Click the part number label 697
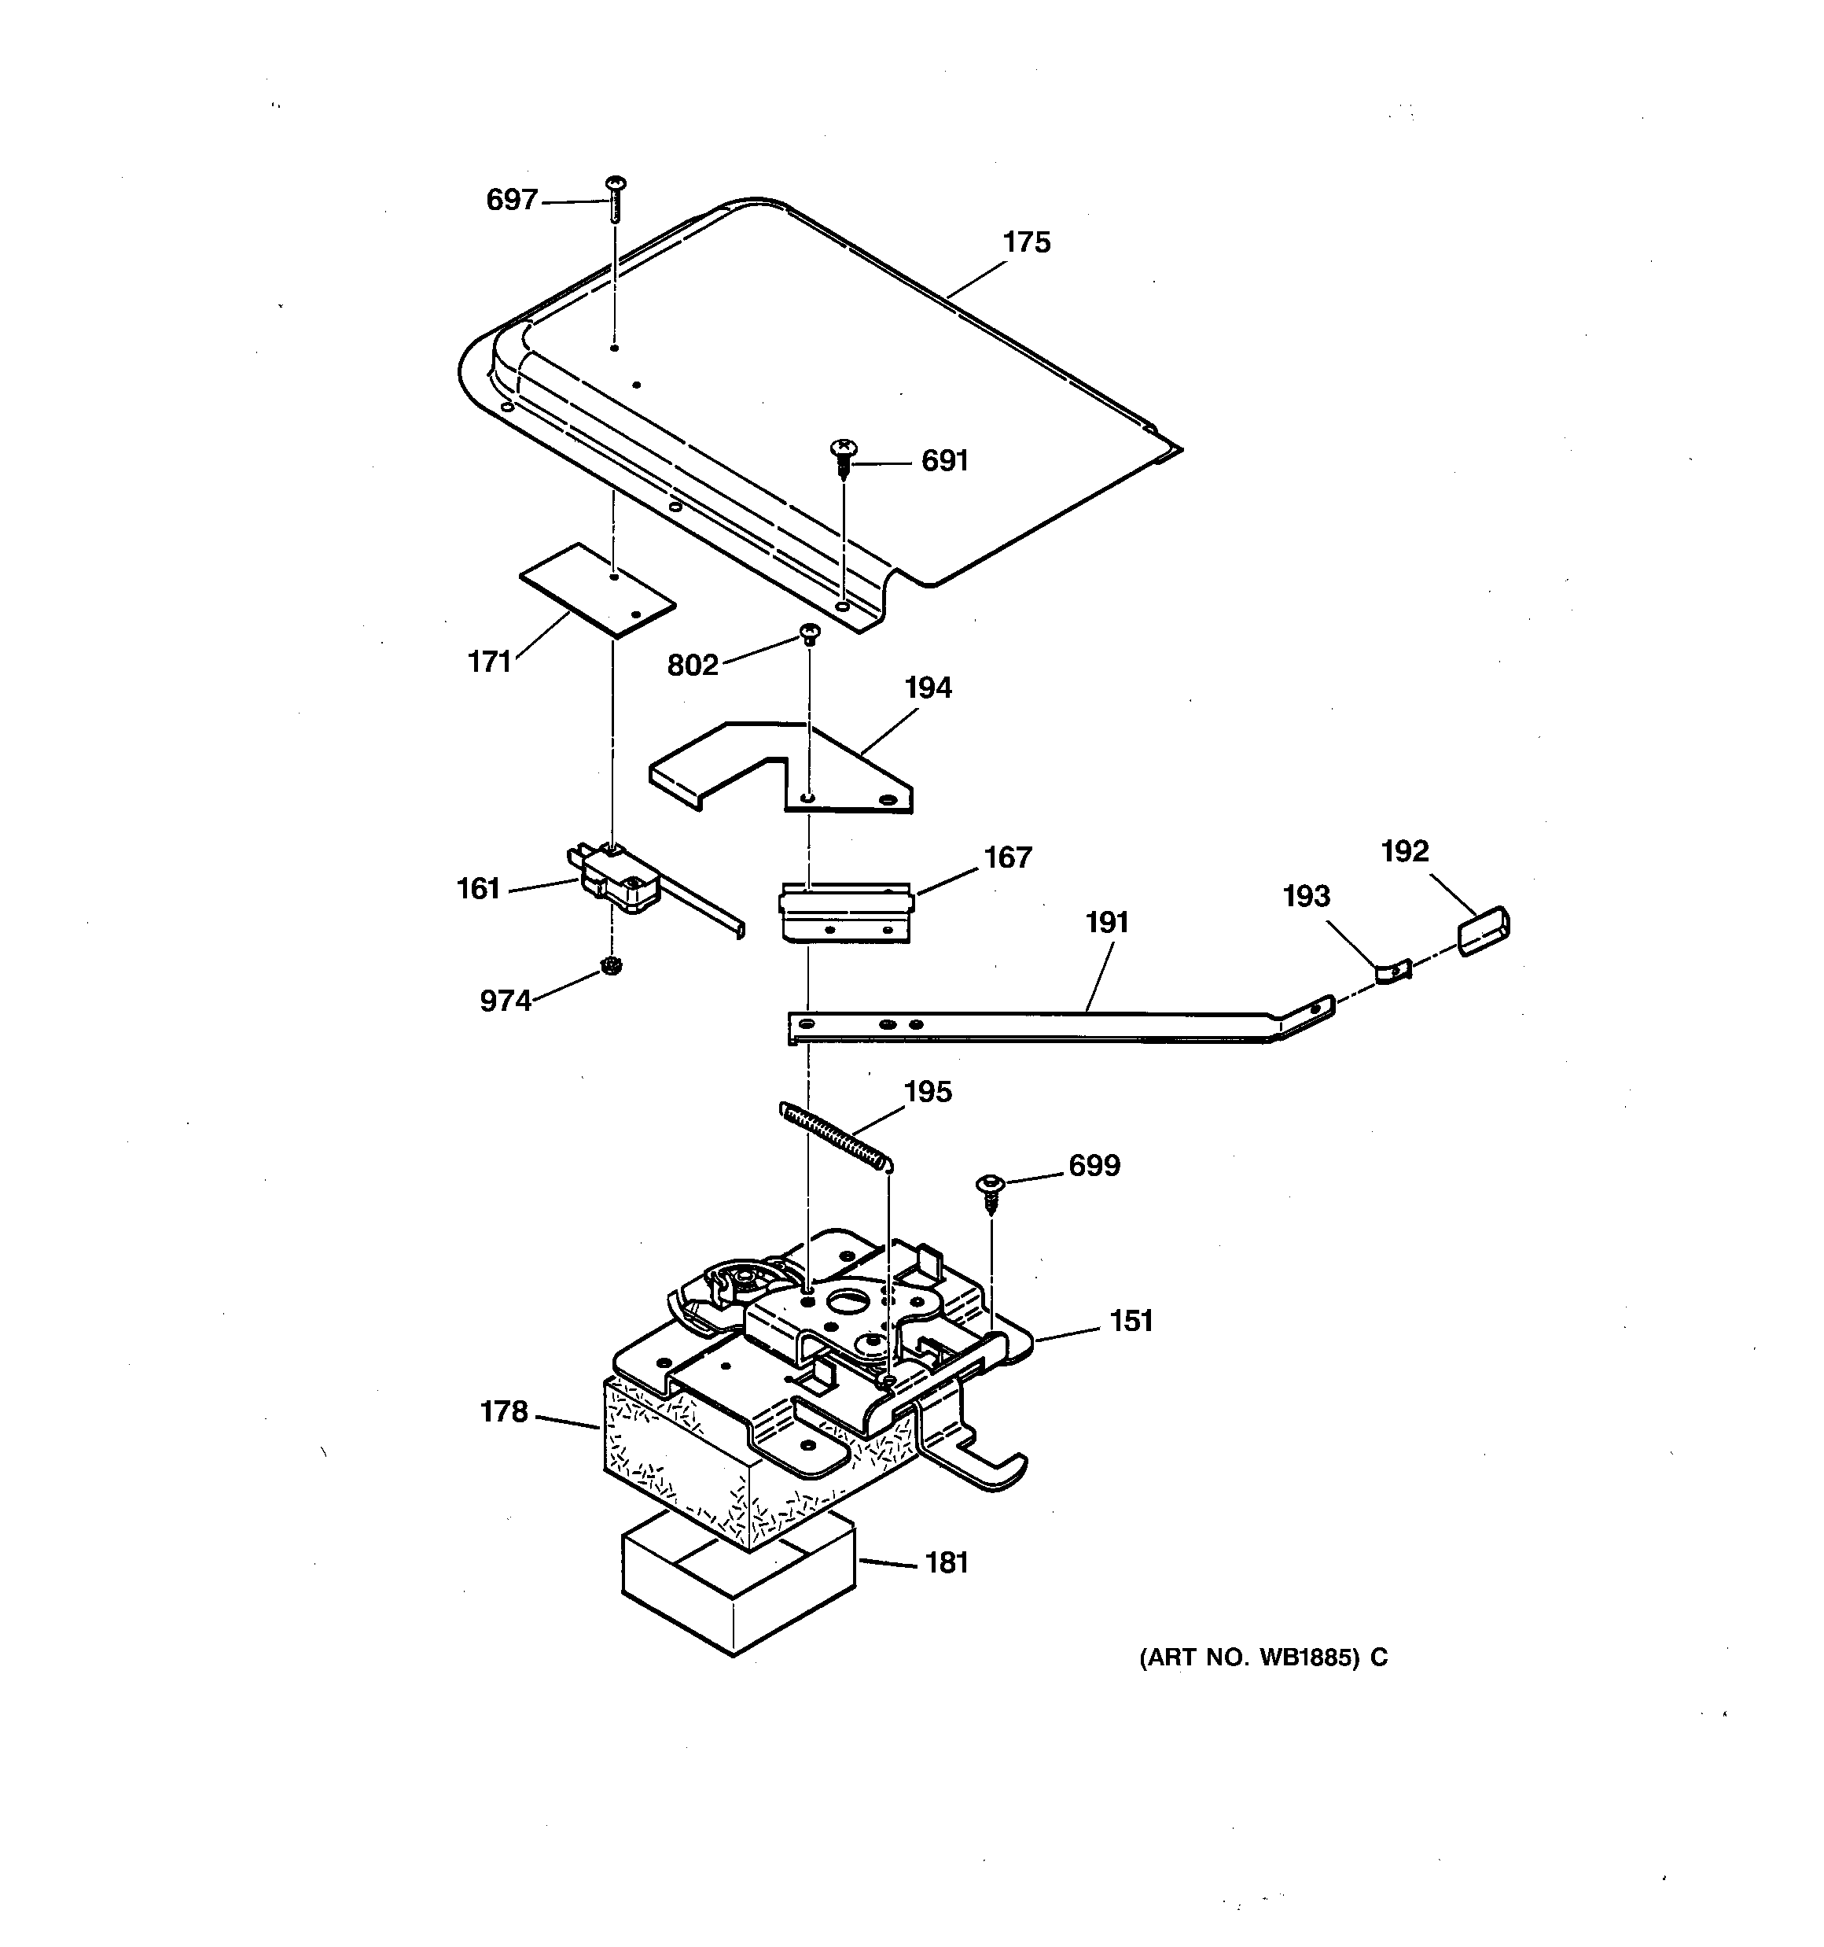(x=512, y=201)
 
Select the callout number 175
(x=1026, y=243)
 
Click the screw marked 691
(x=843, y=455)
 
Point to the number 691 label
(x=945, y=461)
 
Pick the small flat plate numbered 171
(x=598, y=591)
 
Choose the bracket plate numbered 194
(x=783, y=769)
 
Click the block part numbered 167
(x=846, y=912)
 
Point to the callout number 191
(x=1107, y=923)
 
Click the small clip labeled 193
(x=1392, y=972)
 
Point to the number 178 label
(x=503, y=1412)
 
